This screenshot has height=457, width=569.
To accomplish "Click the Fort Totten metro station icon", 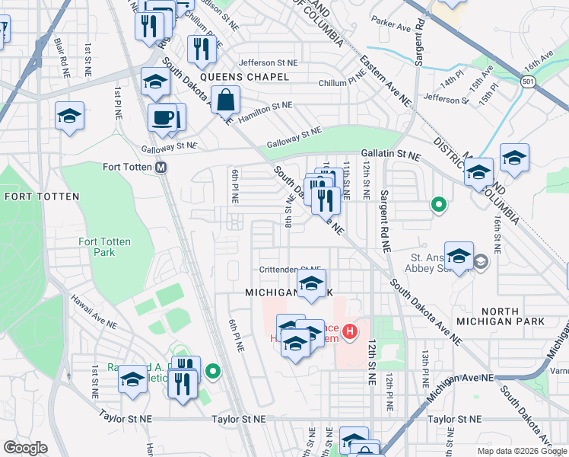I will click(x=161, y=168).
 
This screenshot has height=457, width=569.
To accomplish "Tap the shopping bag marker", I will click(x=226, y=99).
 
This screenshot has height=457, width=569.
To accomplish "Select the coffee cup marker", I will click(x=161, y=117).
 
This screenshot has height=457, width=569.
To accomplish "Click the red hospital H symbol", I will click(x=350, y=331).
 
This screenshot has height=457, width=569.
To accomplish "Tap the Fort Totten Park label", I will click(x=105, y=247).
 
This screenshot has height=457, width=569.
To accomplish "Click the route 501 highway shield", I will click(x=528, y=80).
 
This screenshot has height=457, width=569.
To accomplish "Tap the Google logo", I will click(x=26, y=448).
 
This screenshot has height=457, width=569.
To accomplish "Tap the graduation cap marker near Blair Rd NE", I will click(x=69, y=117).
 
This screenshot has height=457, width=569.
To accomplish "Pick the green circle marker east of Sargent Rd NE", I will click(x=438, y=204).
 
